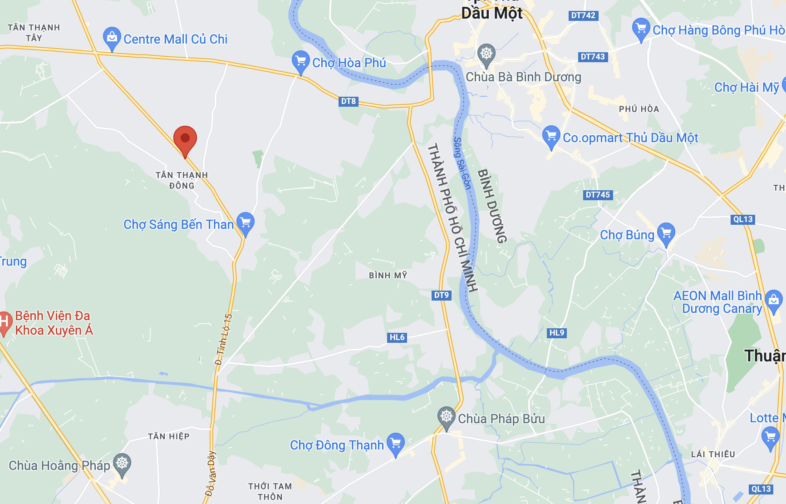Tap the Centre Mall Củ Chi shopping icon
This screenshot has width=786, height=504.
(x=112, y=38)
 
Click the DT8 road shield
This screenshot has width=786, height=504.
(x=349, y=101)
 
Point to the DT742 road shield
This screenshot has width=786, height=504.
(x=583, y=15)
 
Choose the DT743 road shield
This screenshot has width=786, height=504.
(x=593, y=57)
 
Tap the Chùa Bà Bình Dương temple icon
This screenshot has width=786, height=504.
(x=486, y=54)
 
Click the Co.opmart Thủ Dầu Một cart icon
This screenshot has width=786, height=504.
(x=551, y=136)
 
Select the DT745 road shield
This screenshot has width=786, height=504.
(x=598, y=195)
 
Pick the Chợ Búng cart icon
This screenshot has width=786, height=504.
(x=666, y=233)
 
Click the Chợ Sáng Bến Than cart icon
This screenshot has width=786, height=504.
(x=246, y=222)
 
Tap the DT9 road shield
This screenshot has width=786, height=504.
(x=441, y=295)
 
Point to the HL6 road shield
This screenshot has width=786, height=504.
(x=397, y=337)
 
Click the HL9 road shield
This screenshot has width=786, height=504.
(x=557, y=333)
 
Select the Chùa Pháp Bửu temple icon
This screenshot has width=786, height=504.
(x=447, y=417)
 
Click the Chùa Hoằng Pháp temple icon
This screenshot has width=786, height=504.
(x=122, y=464)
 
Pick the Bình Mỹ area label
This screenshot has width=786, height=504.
(x=388, y=276)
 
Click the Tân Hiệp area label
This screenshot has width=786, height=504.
(x=169, y=436)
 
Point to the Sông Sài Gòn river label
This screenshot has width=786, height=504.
(x=462, y=163)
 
